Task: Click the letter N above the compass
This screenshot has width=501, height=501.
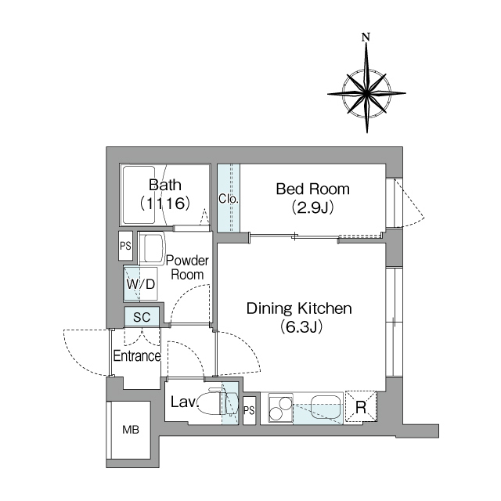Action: click(366, 38)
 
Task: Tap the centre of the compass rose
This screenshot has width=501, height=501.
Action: click(366, 94)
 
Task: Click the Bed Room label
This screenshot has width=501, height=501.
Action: click(313, 189)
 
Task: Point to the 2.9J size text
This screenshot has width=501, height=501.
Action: click(313, 207)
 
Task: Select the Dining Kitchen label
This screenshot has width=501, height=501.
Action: click(299, 308)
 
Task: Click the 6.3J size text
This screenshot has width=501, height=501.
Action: click(301, 326)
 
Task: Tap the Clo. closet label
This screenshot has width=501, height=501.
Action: click(229, 199)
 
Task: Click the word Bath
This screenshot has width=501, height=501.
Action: click(165, 185)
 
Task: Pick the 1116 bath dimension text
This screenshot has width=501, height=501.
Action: click(165, 204)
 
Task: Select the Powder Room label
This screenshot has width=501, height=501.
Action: click(187, 268)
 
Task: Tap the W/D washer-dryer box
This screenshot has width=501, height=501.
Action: click(141, 284)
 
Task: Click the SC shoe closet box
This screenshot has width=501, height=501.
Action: click(142, 316)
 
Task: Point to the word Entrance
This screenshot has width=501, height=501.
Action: click(137, 355)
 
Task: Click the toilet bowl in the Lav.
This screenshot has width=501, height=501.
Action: click(210, 402)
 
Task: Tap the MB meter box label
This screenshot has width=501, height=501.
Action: click(131, 430)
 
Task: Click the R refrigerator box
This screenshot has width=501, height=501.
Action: click(361, 407)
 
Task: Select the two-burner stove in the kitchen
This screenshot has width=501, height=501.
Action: click(281, 408)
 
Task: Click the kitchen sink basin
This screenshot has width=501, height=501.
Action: click(326, 406)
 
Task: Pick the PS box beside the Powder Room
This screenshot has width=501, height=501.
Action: click(125, 246)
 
